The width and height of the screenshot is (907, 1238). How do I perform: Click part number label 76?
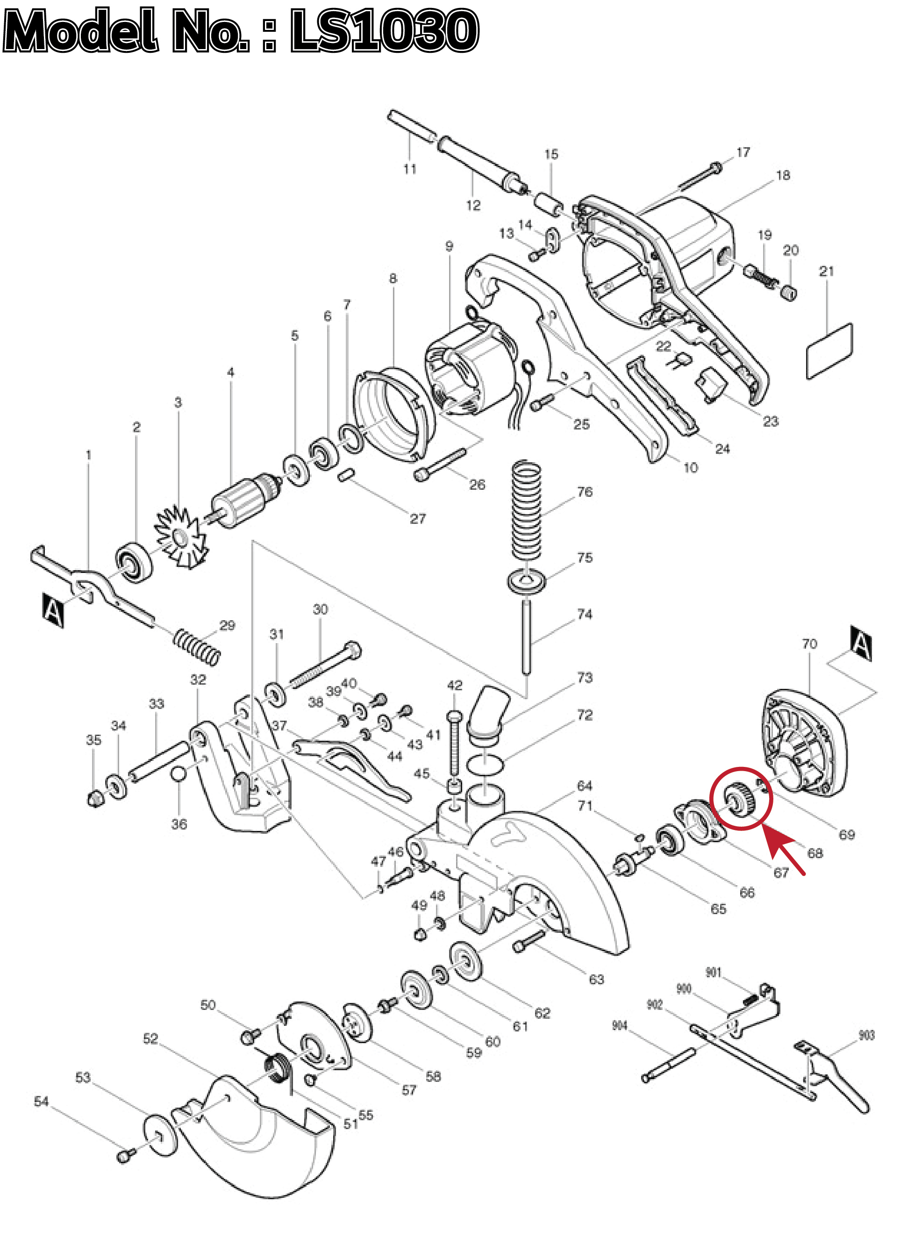coord(585,491)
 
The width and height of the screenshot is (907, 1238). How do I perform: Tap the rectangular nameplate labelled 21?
coord(829,351)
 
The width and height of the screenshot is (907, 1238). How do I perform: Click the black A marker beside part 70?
coord(861,643)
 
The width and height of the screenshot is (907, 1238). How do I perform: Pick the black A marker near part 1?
coord(53,609)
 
